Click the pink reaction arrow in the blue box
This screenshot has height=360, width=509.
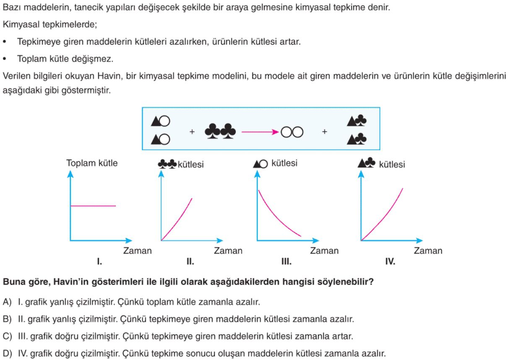coord(260,132)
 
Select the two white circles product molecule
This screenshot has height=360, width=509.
coord(292,132)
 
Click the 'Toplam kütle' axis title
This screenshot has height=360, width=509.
coord(92,163)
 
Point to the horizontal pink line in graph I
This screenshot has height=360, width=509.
coord(93,206)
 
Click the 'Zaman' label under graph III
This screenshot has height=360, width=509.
coord(324,251)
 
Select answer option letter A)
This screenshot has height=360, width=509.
coord(7,302)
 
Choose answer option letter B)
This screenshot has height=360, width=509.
coord(7,319)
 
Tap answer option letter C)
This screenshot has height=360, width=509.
coord(7,336)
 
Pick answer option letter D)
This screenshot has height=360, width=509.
coord(7,353)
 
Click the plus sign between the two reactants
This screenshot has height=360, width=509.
coord(192,132)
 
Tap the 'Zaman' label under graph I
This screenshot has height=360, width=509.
coord(138,251)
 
